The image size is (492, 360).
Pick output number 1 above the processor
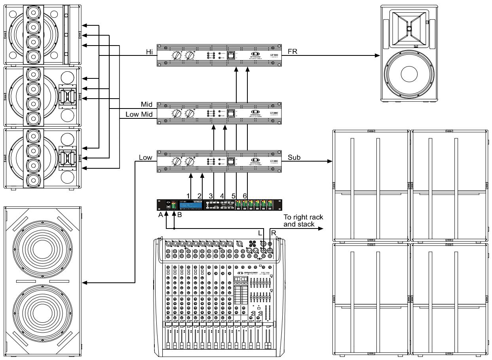pos(189,196)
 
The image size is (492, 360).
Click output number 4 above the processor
pos(222,196)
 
